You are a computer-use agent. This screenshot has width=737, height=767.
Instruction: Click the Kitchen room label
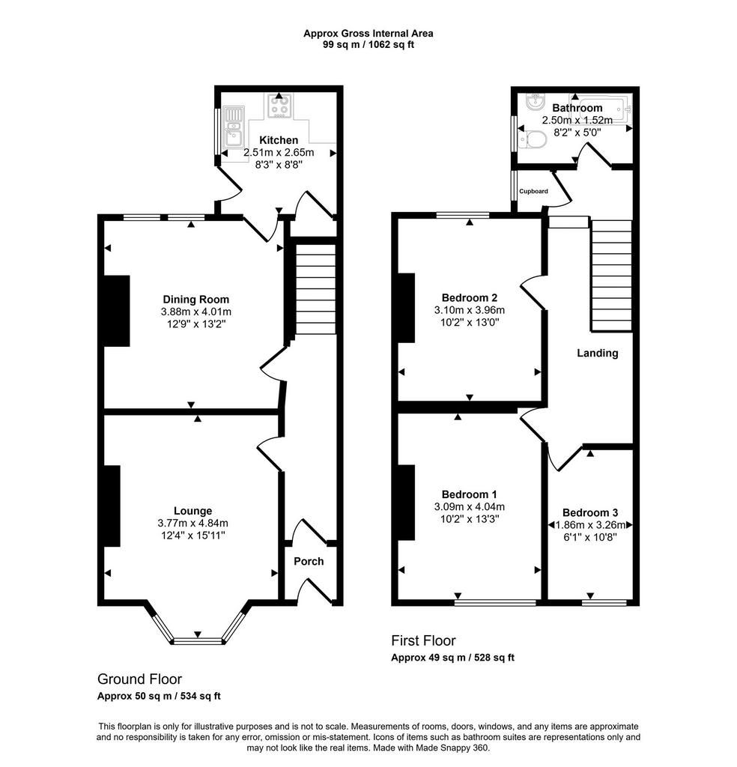(279, 140)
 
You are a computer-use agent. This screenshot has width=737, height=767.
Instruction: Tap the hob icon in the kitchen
(279, 106)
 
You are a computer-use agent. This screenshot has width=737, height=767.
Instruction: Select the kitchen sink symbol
(233, 127)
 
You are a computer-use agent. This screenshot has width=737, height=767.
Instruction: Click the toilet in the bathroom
(532, 139)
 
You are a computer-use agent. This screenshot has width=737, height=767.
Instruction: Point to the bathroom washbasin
(536, 103)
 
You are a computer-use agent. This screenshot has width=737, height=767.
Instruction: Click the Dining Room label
(195, 300)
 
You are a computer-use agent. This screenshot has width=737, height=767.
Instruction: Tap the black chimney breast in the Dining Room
(117, 311)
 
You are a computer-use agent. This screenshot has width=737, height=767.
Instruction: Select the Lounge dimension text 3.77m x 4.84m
(192, 524)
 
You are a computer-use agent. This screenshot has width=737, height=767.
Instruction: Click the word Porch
(309, 562)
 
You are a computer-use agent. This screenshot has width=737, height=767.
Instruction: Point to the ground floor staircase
(316, 290)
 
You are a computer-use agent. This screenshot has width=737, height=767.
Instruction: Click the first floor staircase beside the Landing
(612, 276)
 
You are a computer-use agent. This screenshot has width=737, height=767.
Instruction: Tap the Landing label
(597, 354)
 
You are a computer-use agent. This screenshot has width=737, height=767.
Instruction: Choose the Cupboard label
(533, 191)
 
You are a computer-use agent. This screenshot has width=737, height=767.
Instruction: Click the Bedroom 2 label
(470, 297)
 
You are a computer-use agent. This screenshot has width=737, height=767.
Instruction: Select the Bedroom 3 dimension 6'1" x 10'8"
(590, 538)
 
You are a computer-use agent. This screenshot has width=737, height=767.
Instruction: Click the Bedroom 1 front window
(495, 603)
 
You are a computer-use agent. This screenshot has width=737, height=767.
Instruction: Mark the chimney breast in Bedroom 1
(407, 503)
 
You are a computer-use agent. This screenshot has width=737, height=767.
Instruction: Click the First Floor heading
(423, 641)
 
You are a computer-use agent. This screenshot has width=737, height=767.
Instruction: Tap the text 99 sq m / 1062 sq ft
(368, 45)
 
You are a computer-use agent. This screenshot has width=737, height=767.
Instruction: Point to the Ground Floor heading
(140, 679)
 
